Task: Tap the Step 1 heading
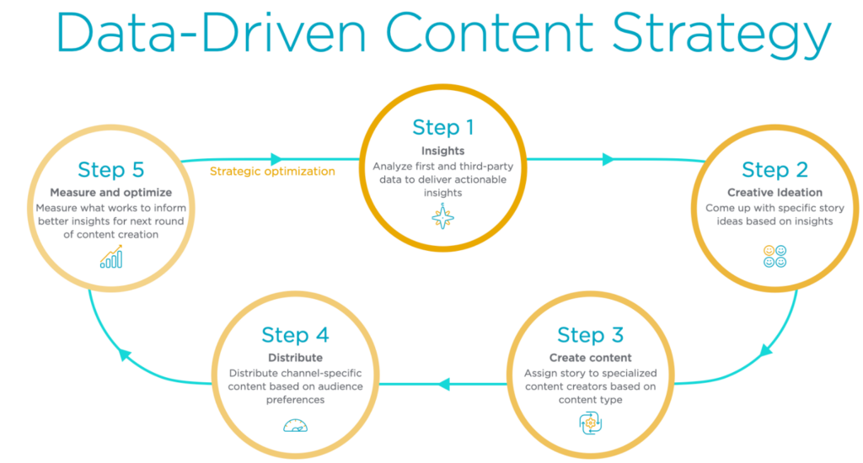[443, 127]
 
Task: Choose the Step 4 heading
[295, 334]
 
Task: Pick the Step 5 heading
[110, 169]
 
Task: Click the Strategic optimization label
[272, 171]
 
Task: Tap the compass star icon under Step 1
[443, 217]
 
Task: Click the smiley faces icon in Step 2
[775, 256]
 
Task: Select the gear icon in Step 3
[591, 423]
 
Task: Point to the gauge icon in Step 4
[295, 425]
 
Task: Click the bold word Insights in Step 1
[443, 152]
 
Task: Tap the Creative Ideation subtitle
[775, 193]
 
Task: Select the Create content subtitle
[590, 359]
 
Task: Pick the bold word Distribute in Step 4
[295, 358]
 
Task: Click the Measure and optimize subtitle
[110, 193]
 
